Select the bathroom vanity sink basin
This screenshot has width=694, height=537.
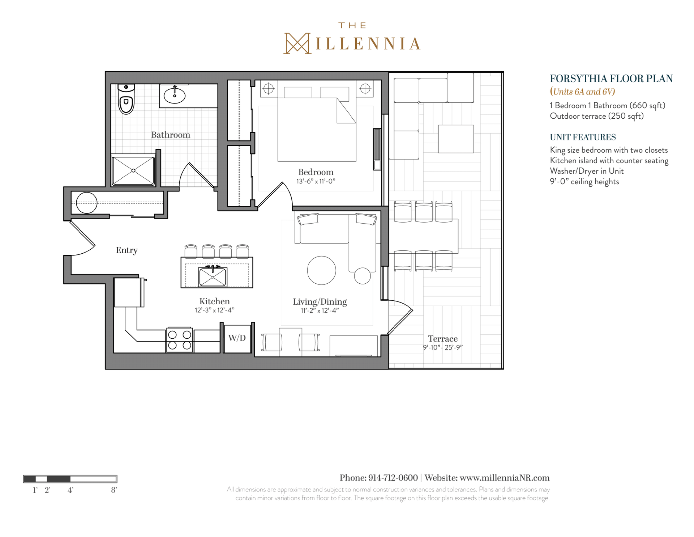pos(175,96)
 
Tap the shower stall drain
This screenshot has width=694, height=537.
pos(133,170)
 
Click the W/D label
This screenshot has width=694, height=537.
pos(237,338)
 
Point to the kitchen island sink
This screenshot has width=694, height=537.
pos(213,277)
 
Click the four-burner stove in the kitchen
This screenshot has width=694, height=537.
pos(180,340)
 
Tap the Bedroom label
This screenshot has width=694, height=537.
pos(316,172)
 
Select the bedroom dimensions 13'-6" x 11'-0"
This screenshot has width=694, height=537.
pos(316,181)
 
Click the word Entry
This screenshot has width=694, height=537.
pos(127,250)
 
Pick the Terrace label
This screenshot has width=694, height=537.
pos(443,339)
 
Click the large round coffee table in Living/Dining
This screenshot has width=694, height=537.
pos(321,270)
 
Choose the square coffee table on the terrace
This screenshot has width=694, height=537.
pos(456,139)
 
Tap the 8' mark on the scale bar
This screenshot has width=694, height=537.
pos(114,490)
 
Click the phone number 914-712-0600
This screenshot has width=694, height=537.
pos(393,478)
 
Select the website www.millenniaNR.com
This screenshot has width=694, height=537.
pos(505,478)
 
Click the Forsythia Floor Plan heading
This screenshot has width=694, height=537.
pos(611,79)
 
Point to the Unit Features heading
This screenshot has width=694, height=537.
pos(583,137)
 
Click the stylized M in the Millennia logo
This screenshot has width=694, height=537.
pos(297,43)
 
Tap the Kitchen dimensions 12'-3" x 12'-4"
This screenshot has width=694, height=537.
pos(215,310)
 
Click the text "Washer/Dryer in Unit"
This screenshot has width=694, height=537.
pos(587,171)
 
